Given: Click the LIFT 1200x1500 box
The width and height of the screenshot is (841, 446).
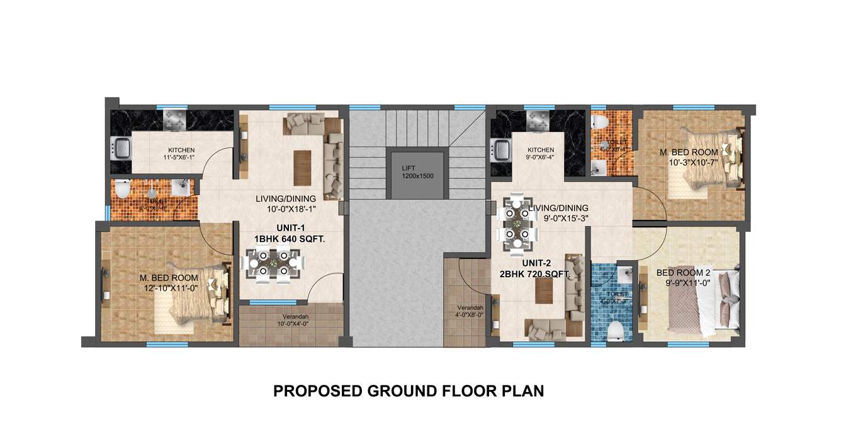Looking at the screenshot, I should [x=418, y=172].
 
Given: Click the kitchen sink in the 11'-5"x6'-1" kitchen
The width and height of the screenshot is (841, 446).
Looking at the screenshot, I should [x=120, y=149].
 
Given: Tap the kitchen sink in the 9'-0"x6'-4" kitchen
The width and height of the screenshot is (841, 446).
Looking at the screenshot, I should [x=502, y=149].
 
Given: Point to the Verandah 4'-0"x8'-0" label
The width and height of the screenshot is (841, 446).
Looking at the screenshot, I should [x=470, y=312].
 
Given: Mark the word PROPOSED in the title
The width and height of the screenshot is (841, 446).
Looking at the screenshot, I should [x=317, y=391].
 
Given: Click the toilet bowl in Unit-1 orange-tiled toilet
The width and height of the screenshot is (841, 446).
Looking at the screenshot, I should [x=122, y=190].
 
